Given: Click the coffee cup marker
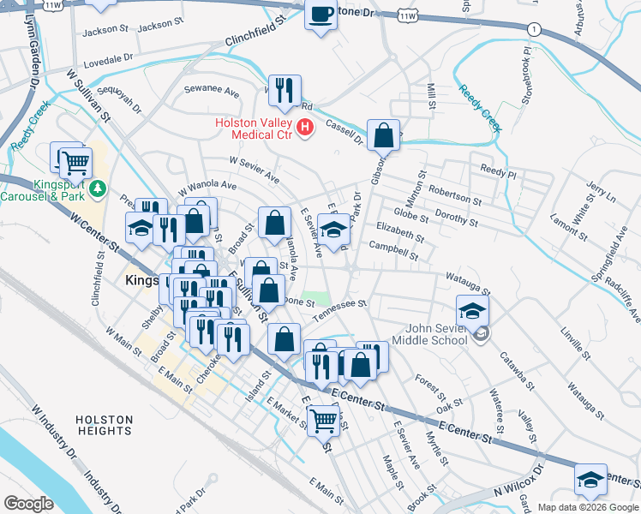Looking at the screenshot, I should (x=321, y=15).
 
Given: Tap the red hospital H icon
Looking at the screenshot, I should (x=305, y=128).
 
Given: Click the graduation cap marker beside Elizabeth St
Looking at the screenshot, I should (x=333, y=229).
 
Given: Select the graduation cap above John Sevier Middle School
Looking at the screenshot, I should (x=472, y=310).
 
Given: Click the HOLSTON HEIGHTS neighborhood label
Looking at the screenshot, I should (x=104, y=425).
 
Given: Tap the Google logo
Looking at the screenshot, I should (x=28, y=503).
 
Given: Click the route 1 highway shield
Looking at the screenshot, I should (x=534, y=29).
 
